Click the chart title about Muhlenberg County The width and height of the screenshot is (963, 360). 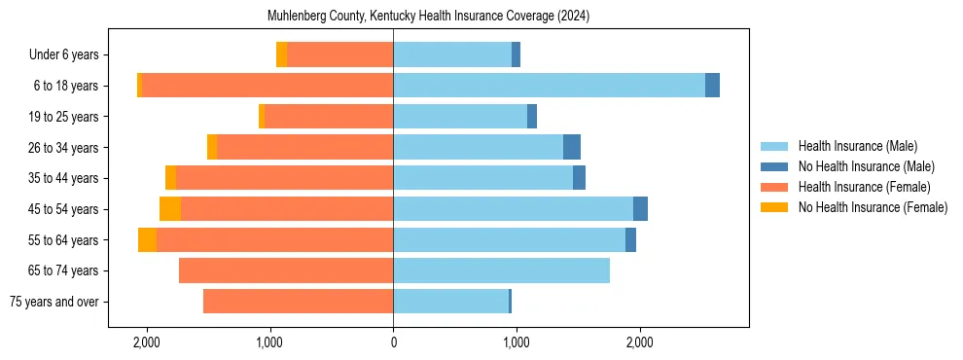[428, 17]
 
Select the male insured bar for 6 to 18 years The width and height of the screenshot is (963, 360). [549, 86]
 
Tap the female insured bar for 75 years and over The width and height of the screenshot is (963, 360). [298, 302]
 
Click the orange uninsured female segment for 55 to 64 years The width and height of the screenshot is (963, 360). [147, 240]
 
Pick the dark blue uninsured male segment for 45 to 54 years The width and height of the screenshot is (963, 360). [640, 209]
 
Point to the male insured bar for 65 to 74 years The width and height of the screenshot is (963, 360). [501, 270]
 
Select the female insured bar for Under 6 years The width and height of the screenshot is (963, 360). [339, 54]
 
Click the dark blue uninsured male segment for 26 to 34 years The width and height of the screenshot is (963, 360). [572, 147]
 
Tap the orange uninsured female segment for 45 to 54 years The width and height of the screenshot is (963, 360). [170, 209]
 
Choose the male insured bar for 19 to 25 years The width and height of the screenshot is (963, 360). [460, 117]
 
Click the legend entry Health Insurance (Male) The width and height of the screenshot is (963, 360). [857, 146]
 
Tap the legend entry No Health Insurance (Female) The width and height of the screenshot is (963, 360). [873, 207]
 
